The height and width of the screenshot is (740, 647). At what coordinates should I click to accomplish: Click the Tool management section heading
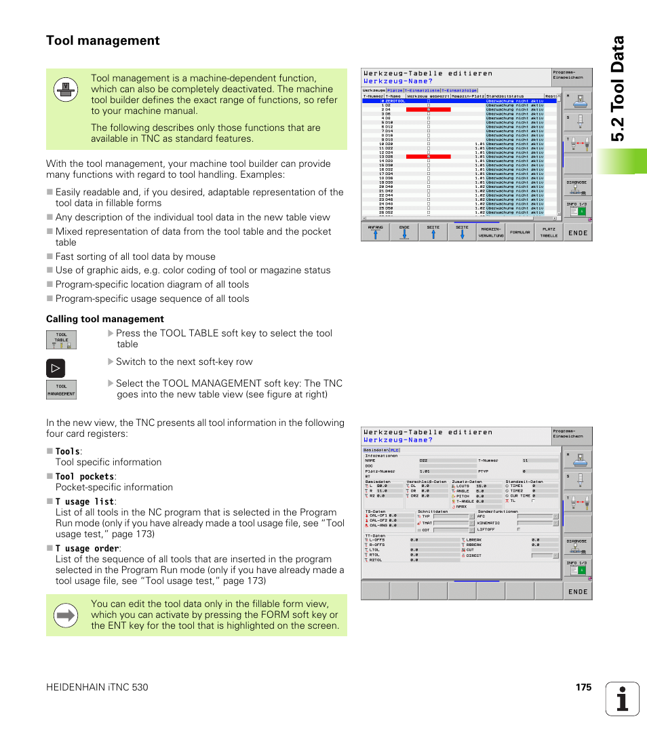click(x=103, y=41)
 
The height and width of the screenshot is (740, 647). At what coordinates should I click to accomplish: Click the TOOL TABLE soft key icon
click(x=61, y=340)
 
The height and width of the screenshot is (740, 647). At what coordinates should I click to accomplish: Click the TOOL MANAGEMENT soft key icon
click(x=61, y=390)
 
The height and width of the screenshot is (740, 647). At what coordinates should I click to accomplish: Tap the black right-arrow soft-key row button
click(x=56, y=368)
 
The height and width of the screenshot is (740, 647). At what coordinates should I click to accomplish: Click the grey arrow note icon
click(x=66, y=615)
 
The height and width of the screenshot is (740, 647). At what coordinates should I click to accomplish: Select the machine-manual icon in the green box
click(x=65, y=90)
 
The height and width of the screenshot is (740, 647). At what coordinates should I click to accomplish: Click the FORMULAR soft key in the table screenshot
click(x=519, y=232)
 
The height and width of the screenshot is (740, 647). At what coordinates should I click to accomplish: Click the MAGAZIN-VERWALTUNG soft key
click(x=490, y=232)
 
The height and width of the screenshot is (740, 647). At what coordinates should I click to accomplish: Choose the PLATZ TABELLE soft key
click(x=549, y=232)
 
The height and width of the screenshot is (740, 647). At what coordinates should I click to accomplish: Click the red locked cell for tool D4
click(x=428, y=109)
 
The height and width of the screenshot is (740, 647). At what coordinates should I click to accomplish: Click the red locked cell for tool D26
click(x=428, y=157)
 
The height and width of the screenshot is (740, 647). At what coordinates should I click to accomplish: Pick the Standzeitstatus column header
click(x=505, y=96)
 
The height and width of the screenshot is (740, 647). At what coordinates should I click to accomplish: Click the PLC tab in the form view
click(x=395, y=449)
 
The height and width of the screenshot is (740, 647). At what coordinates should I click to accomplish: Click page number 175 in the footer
click(x=584, y=687)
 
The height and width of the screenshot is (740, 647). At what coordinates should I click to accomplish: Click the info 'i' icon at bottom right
click(x=623, y=699)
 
